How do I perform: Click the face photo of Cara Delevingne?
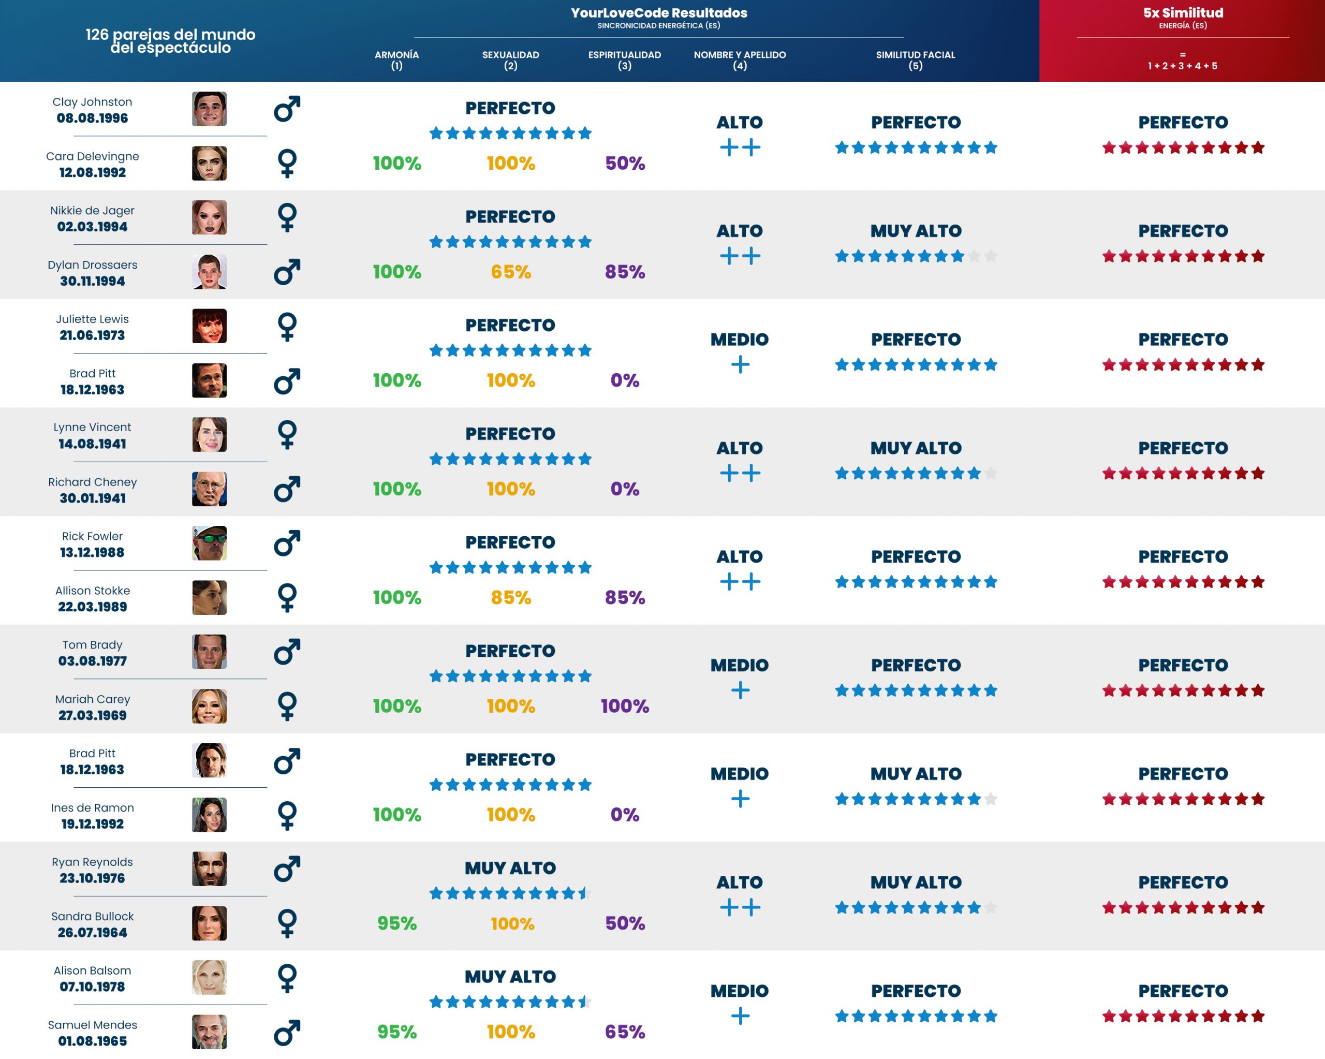tap(209, 164)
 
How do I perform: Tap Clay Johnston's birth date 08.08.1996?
tap(92, 118)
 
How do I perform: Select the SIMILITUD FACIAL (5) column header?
tap(915, 60)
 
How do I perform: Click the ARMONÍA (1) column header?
tap(396, 60)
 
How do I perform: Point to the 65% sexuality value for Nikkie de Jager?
tap(511, 272)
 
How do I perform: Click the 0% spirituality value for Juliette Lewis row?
tap(624, 380)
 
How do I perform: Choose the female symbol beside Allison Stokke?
tap(287, 597)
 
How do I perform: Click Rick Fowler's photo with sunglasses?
tap(209, 543)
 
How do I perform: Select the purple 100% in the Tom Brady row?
tap(624, 706)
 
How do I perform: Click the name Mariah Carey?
tap(92, 699)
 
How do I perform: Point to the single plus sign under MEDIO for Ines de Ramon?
tap(740, 799)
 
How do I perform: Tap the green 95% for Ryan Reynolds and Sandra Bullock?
tap(396, 923)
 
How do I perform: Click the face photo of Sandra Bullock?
tap(209, 923)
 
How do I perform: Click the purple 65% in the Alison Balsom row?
tap(624, 1032)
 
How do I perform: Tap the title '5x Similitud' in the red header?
tap(1183, 13)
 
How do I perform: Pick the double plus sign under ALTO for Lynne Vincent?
tap(740, 473)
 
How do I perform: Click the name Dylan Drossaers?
tap(92, 265)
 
